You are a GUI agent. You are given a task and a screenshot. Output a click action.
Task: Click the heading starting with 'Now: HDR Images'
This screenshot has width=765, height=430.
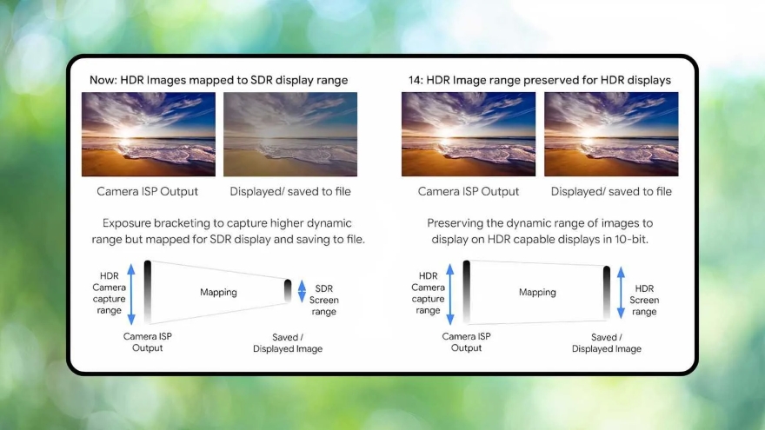click(218, 80)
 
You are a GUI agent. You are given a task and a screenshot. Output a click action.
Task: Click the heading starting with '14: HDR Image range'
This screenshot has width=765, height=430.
click(539, 80)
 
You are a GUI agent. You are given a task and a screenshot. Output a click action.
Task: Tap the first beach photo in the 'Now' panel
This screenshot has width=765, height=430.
click(149, 135)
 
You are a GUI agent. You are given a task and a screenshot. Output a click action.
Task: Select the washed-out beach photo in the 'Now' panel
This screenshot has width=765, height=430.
click(290, 135)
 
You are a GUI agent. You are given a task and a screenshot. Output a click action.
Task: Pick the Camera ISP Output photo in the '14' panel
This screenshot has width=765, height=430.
click(468, 135)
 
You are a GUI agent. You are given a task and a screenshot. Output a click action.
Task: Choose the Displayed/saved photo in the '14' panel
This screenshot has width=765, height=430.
click(611, 135)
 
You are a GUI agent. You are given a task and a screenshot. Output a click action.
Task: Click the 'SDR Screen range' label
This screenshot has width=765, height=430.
click(323, 300)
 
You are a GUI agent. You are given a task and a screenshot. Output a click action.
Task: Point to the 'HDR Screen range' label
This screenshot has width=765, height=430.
click(645, 300)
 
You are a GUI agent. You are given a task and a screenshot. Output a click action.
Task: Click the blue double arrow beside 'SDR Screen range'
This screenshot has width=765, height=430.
click(302, 291)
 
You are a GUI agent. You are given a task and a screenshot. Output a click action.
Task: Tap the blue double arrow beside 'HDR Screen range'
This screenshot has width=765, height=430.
click(622, 292)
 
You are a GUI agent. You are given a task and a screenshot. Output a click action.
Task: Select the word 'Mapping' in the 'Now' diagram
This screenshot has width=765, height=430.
click(218, 293)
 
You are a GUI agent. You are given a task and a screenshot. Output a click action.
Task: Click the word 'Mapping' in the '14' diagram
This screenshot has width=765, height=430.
click(537, 293)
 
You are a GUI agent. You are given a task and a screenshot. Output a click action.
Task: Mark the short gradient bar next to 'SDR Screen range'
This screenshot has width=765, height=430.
click(288, 291)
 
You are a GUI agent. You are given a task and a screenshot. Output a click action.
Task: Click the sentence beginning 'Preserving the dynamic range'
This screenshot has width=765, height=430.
click(540, 231)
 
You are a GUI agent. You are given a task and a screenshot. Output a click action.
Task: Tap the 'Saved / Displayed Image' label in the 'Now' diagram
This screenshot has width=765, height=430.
click(288, 343)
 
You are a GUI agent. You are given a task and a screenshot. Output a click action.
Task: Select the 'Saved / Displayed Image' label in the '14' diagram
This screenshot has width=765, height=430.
click(606, 343)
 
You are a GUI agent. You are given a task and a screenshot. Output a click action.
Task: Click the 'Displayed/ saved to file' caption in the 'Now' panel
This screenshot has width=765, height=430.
click(290, 191)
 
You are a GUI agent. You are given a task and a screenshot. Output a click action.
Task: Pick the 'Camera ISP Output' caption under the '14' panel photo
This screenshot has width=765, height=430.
click(468, 191)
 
